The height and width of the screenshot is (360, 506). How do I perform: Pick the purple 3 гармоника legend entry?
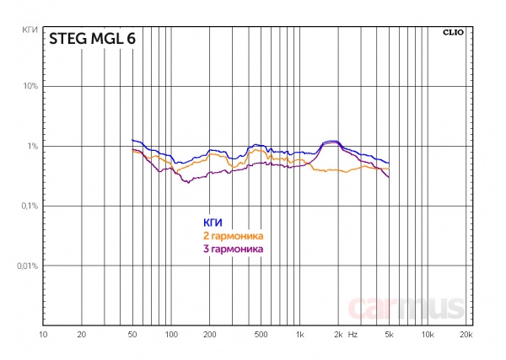point(233,250)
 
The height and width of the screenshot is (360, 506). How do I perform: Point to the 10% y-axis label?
point(30,86)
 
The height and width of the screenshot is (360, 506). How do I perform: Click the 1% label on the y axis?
point(33,146)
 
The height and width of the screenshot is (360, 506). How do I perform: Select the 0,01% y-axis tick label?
point(27,266)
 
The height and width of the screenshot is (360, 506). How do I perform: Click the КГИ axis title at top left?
point(29,30)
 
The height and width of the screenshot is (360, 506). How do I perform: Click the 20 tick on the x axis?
point(82,335)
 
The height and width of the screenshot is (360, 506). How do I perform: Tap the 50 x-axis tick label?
point(132,335)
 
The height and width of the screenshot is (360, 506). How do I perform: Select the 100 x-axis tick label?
point(171,335)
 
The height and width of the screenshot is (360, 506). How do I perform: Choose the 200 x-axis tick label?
point(210,335)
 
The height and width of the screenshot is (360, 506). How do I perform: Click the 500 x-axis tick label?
point(261,335)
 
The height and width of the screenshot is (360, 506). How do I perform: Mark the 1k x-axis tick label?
point(299,335)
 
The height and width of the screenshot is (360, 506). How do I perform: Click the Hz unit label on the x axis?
point(353,335)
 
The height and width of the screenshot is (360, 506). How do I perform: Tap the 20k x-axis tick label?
point(466,335)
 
